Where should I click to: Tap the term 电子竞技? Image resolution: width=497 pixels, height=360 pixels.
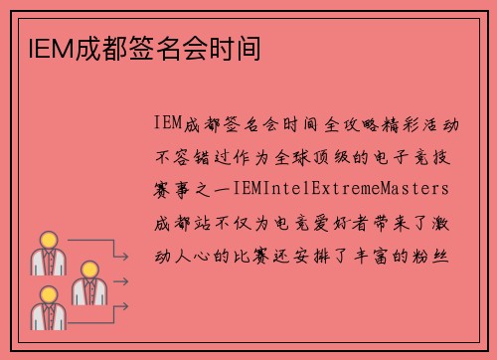click(x=428, y=155)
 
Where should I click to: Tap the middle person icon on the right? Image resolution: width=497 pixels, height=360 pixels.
click(x=86, y=283)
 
